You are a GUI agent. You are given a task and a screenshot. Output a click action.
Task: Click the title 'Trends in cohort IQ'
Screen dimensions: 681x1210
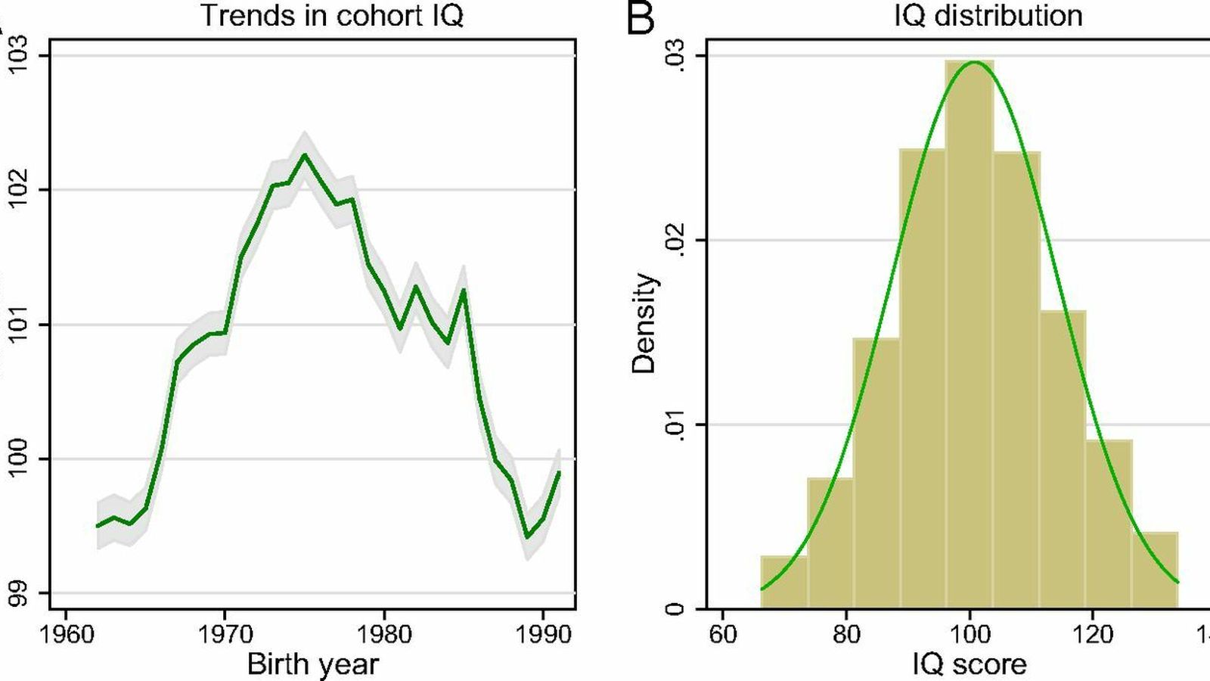coord(331,16)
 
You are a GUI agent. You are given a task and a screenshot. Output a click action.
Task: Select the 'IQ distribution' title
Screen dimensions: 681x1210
coord(988,16)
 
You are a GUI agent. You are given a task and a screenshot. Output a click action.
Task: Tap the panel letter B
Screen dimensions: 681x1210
coord(641,18)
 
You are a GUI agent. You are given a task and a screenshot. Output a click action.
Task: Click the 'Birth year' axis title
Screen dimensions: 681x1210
coord(312,664)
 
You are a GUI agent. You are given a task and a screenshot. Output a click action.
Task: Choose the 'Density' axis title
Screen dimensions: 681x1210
coord(644,323)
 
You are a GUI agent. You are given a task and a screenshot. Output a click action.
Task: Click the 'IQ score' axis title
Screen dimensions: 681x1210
coord(970,664)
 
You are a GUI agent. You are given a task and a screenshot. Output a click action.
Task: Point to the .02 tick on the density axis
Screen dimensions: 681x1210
coord(675,241)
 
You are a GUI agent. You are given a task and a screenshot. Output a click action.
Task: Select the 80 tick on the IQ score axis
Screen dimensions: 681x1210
coord(846,634)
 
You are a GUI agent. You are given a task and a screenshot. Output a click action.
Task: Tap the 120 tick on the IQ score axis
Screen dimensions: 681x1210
coord(1093,634)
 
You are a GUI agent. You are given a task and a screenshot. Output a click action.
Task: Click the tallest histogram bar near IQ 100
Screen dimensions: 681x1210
coord(970,333)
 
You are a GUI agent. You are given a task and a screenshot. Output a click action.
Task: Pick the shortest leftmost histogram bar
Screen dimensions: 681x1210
coord(784,583)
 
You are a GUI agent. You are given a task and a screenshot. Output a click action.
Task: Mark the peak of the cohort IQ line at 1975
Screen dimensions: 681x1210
coord(304,155)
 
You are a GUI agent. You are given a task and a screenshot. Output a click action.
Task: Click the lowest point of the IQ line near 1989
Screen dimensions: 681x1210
coord(527,537)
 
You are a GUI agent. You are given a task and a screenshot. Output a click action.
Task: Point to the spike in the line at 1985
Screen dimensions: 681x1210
coord(464,290)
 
